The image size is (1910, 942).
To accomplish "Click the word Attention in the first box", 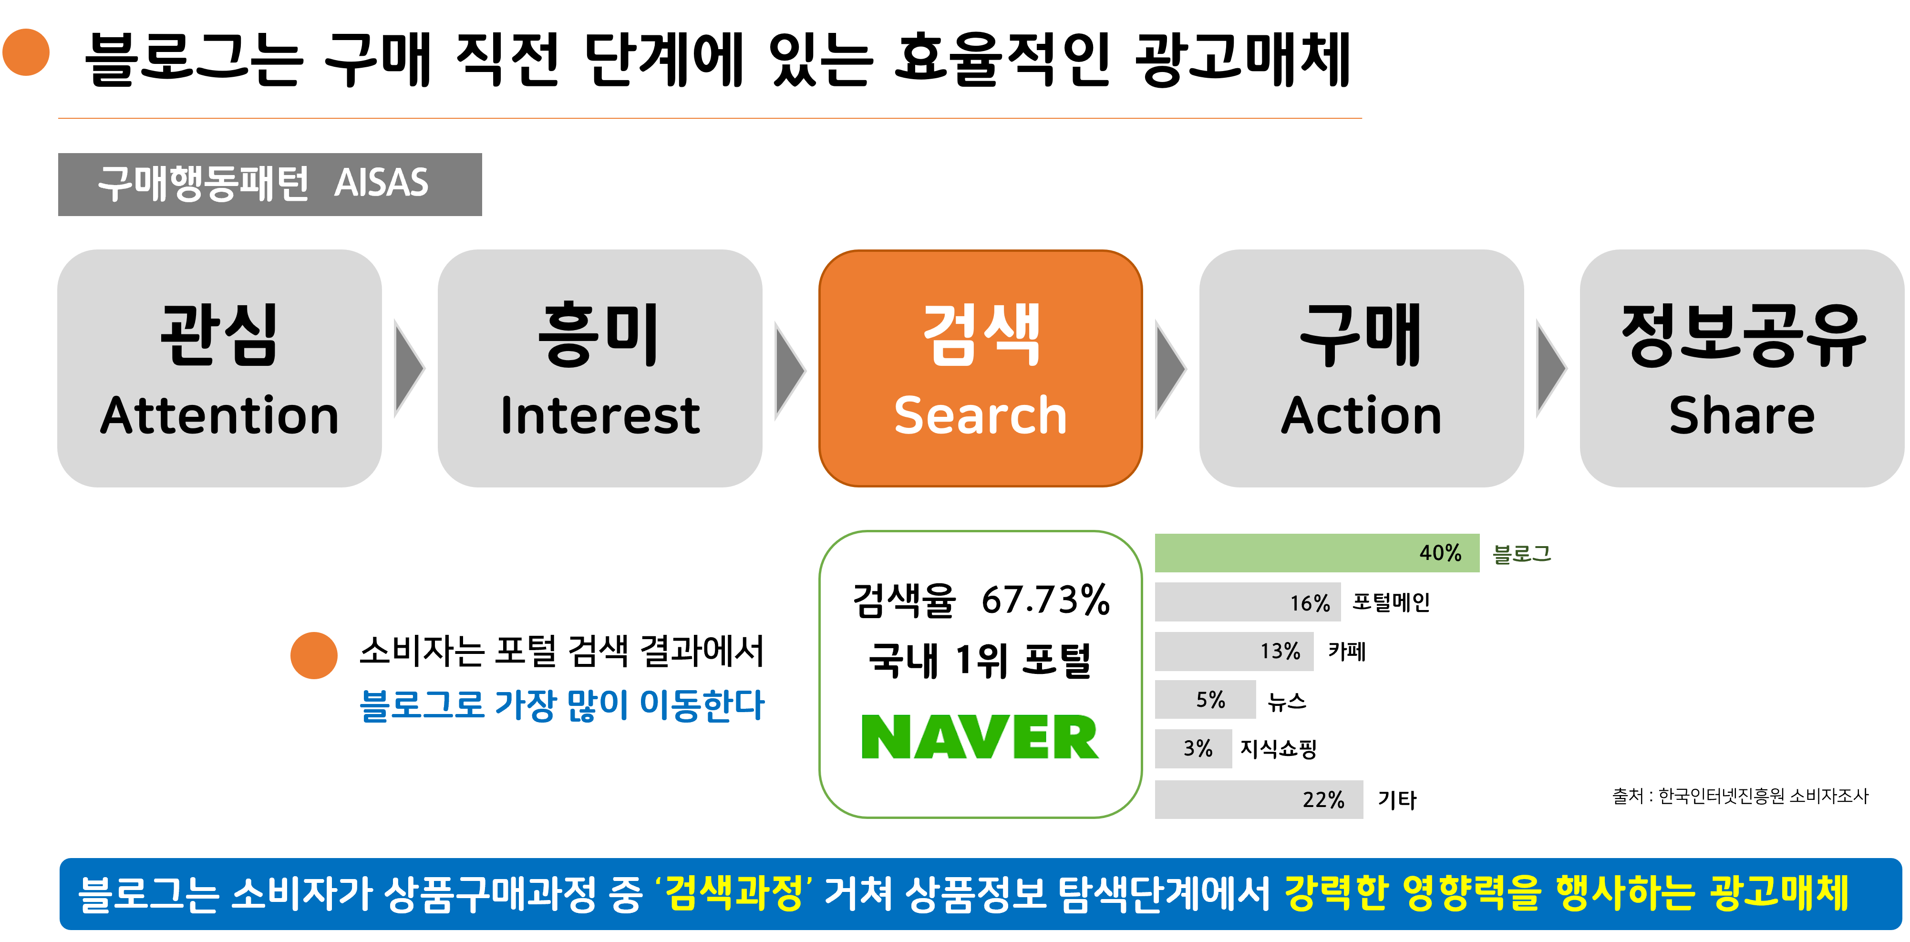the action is (x=219, y=415).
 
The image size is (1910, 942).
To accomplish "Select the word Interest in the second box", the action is (x=600, y=415).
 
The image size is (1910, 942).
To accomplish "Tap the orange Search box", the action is (x=980, y=369).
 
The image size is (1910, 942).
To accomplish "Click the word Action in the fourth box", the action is (x=1361, y=415).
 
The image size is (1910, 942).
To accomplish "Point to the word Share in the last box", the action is (x=1742, y=415).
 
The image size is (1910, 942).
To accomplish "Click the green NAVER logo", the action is (x=980, y=737).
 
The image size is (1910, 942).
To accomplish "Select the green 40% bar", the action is (x=1316, y=553).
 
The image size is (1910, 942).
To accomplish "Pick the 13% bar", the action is (x=1234, y=651).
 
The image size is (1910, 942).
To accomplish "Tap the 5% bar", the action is (x=1205, y=699).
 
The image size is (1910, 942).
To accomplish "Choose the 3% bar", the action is (x=1193, y=748).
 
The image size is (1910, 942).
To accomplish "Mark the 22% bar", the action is (x=1258, y=799).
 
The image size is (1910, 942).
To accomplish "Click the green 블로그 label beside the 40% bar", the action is (x=1521, y=553).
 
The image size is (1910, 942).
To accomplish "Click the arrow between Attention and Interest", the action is (x=408, y=369).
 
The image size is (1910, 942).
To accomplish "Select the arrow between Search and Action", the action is (x=1169, y=369).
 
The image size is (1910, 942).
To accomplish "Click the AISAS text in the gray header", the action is (x=381, y=183).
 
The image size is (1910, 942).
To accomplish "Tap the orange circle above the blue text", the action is (x=314, y=655).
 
